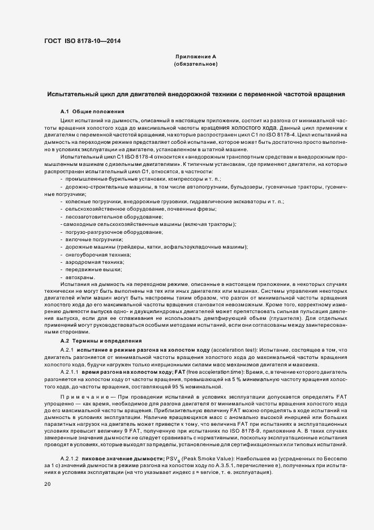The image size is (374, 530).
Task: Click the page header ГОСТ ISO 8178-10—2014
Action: [x=82, y=41]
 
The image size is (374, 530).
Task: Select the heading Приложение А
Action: [x=196, y=57]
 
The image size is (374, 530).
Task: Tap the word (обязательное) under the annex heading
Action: [x=196, y=65]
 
